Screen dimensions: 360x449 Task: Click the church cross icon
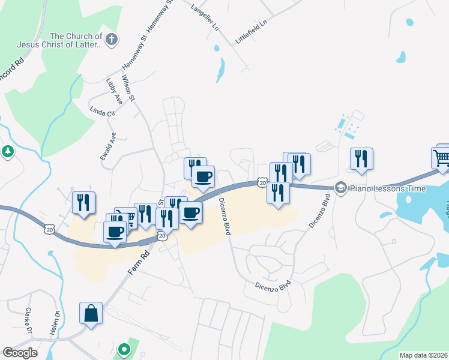[x=110, y=40]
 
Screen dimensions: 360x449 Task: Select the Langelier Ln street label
[x=204, y=17]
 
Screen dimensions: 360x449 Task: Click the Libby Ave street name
[x=114, y=91]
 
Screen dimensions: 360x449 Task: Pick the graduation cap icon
[x=341, y=188]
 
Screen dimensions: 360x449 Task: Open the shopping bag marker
[x=91, y=313]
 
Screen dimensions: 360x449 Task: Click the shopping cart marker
[x=442, y=158]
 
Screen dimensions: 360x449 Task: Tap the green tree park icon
[x=8, y=152]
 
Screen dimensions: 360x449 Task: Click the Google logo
[x=20, y=353]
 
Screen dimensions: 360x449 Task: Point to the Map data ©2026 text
[x=423, y=355]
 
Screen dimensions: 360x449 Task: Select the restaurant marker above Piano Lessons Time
[x=361, y=158]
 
